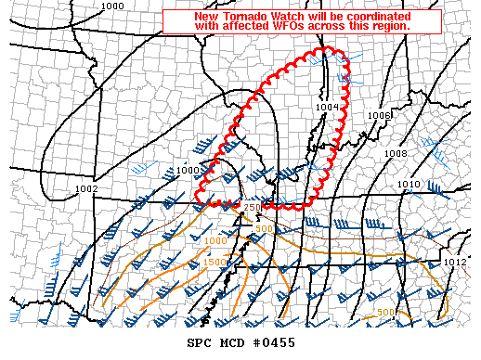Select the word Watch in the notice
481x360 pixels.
(x=291, y=16)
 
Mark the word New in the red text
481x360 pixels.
(x=207, y=16)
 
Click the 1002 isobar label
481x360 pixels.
(x=86, y=188)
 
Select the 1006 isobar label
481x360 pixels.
(x=378, y=115)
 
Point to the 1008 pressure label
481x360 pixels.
(x=396, y=153)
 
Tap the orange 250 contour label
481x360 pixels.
(x=252, y=207)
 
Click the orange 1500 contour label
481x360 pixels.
(x=214, y=263)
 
